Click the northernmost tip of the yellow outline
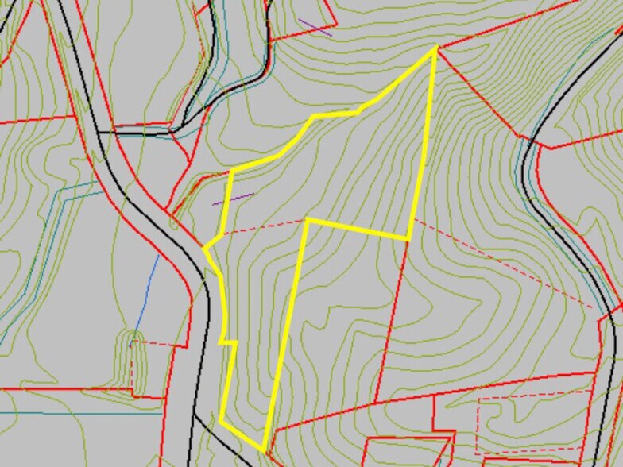tap(435, 48)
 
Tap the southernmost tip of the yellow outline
tap(263, 451)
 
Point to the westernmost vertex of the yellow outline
tap(204, 249)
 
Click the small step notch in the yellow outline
tap(229, 342)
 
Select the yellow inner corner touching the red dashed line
tap(307, 219)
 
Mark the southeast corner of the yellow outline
tap(408, 238)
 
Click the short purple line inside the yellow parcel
tap(233, 199)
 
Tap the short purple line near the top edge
tap(315, 28)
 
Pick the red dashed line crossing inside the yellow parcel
tap(262, 226)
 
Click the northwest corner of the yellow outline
tap(230, 172)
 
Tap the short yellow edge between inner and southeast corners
tap(358, 229)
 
